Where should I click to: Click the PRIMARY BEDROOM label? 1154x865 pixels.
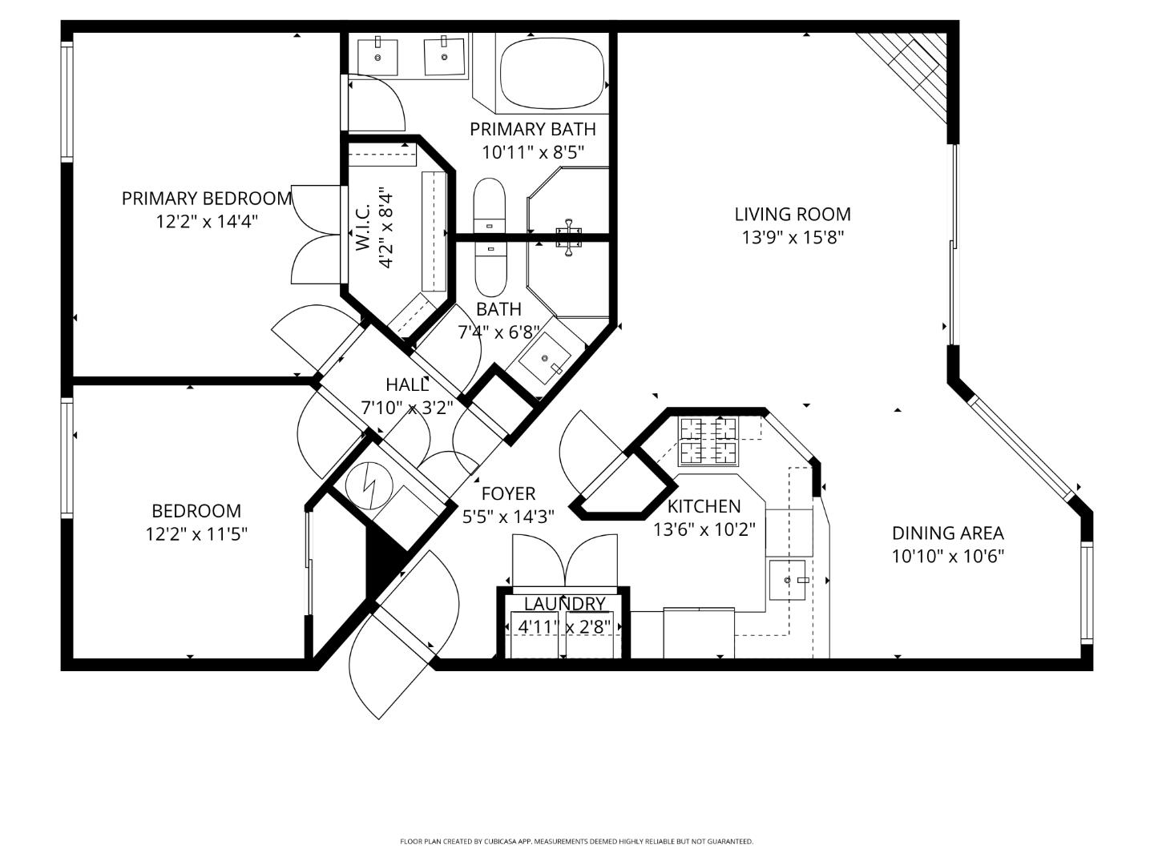pyautogui.click(x=206, y=198)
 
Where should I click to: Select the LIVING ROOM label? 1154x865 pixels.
pyautogui.click(x=793, y=214)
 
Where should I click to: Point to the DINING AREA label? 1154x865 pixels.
pyautogui.click(x=947, y=533)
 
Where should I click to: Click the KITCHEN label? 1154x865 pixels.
pyautogui.click(x=704, y=506)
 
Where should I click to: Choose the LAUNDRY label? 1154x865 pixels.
pyautogui.click(x=564, y=604)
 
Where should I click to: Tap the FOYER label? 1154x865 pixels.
pyautogui.click(x=508, y=494)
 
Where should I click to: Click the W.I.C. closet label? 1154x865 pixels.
pyautogui.click(x=363, y=227)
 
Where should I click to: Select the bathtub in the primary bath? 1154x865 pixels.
pyautogui.click(x=552, y=72)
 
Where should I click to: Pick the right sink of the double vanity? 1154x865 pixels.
pyautogui.click(x=444, y=56)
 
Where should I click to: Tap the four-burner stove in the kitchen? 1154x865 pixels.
pyautogui.click(x=708, y=441)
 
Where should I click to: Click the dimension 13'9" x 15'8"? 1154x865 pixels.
pyautogui.click(x=793, y=238)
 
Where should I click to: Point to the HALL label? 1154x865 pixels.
pyautogui.click(x=407, y=384)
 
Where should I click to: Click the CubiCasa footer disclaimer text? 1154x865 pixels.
pyautogui.click(x=576, y=841)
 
